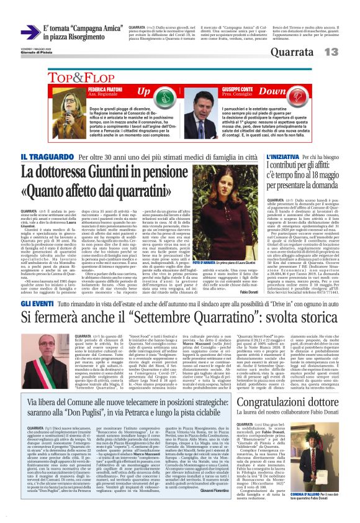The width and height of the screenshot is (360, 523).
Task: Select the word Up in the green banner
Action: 143,92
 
